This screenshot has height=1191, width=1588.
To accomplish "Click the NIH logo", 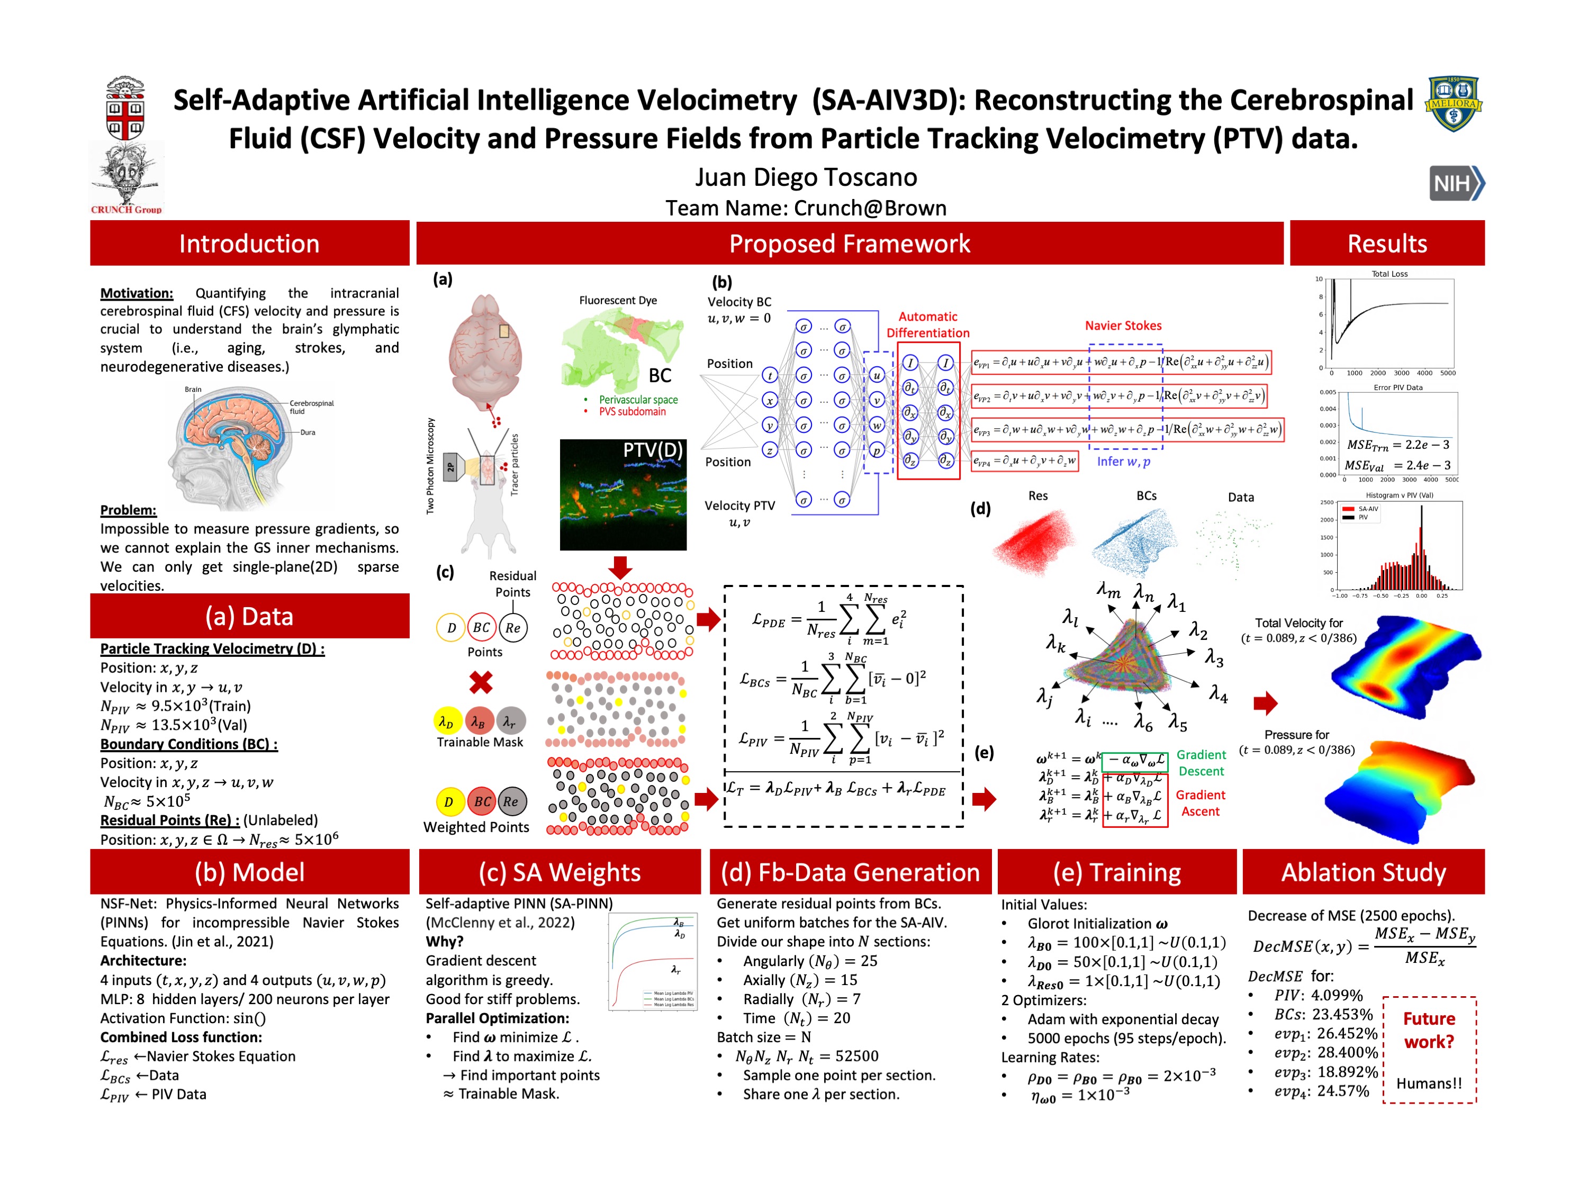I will tap(1456, 183).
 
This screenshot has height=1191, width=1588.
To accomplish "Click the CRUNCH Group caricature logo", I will tap(127, 176).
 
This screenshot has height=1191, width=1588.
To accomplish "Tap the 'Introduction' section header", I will tap(249, 243).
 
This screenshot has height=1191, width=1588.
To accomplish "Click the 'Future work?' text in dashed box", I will tap(1429, 1030).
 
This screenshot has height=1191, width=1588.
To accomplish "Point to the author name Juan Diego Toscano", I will tap(806, 177).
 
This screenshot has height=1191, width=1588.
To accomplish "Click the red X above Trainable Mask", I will tap(481, 681).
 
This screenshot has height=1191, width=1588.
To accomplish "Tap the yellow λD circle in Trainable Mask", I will tap(446, 721).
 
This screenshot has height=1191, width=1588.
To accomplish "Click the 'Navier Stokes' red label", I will tap(1123, 325).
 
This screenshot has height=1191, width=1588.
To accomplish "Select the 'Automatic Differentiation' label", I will tap(927, 324).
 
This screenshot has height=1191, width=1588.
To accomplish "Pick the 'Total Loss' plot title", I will tap(1389, 274).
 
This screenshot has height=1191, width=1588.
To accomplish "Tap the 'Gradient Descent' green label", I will tap(1201, 762).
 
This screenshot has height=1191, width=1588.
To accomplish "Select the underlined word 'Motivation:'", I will tap(137, 293).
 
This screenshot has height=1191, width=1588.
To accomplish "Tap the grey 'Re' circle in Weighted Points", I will tap(510, 801).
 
